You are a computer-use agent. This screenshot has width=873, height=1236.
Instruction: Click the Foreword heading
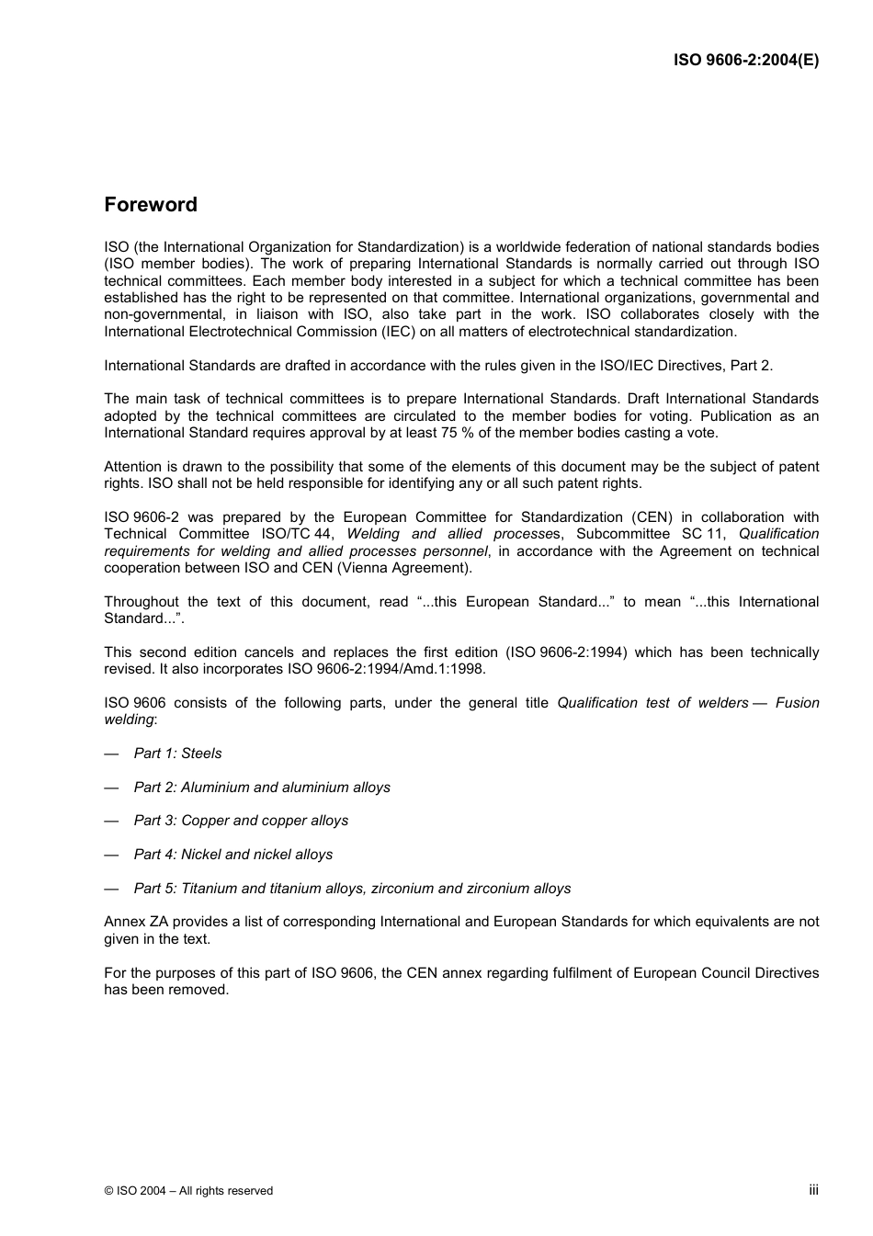pos(151,205)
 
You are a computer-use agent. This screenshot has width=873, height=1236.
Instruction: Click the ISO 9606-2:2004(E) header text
pos(745,61)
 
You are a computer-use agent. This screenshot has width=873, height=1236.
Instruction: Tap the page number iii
pos(813,1189)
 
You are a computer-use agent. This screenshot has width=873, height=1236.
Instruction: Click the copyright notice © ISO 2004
pos(188,1191)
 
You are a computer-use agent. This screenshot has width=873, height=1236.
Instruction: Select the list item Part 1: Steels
pos(177,754)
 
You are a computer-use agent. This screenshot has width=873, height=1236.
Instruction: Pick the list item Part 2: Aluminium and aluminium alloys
pos(262,788)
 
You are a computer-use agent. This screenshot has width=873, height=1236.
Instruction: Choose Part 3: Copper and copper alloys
pos(241,821)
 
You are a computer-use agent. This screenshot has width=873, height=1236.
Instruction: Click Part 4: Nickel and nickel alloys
pos(233,855)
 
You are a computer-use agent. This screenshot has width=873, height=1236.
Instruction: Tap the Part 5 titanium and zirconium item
pos(352,889)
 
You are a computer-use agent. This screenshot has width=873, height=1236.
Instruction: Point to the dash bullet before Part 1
pos(111,754)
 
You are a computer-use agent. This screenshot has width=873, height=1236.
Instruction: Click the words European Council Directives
pos(725,973)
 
